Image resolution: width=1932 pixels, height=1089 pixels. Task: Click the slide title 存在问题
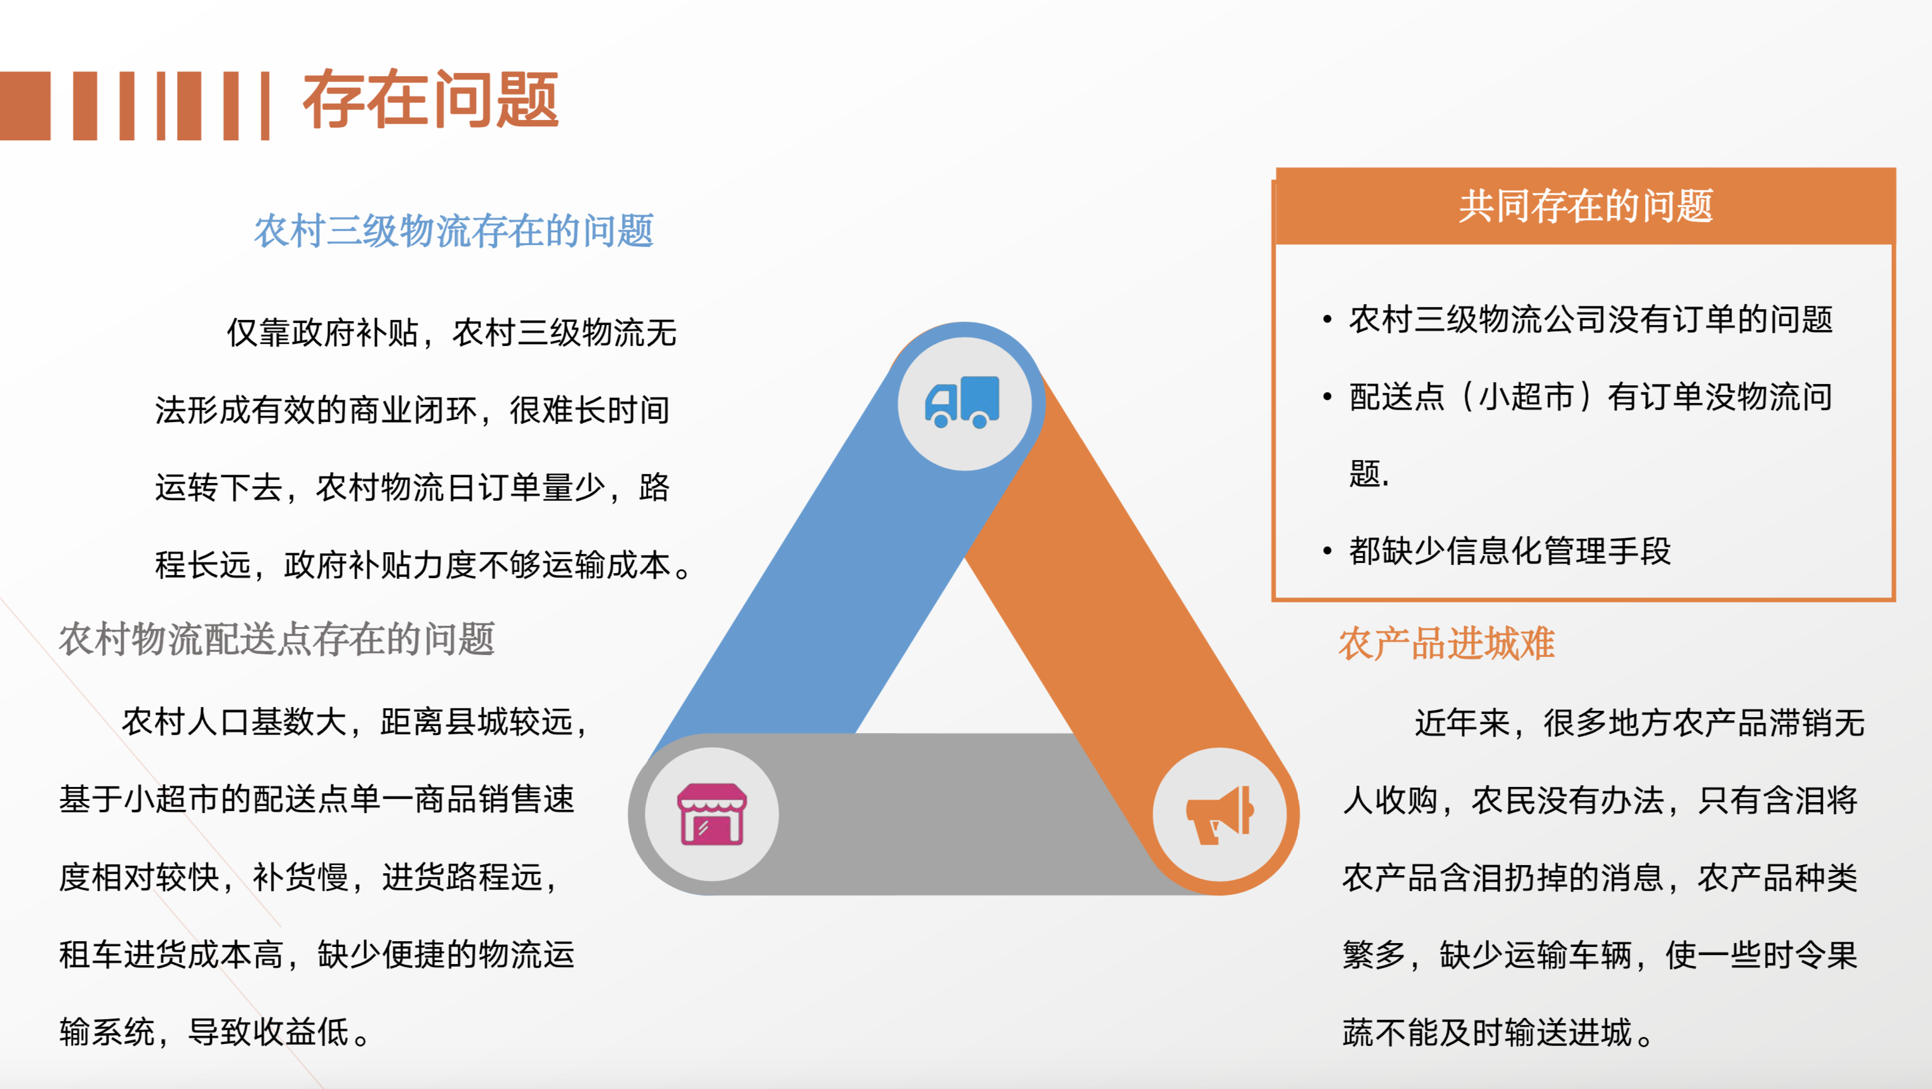point(430,99)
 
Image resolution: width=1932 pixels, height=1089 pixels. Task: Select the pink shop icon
point(711,814)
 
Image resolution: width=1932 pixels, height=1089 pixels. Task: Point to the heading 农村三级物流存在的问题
point(454,231)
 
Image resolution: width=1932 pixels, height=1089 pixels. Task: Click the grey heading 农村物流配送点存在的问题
point(277,640)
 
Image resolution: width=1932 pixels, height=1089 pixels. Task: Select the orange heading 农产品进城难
point(1446,643)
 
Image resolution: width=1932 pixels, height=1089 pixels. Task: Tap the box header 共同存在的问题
point(1585,206)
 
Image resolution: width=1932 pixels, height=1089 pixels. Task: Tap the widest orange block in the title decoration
point(25,106)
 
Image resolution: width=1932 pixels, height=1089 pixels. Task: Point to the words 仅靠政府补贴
point(322,333)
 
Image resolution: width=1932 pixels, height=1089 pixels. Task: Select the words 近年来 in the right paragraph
point(1462,723)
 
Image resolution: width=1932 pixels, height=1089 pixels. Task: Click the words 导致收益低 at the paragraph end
point(268,1032)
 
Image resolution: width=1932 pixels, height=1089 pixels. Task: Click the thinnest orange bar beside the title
point(265,106)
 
